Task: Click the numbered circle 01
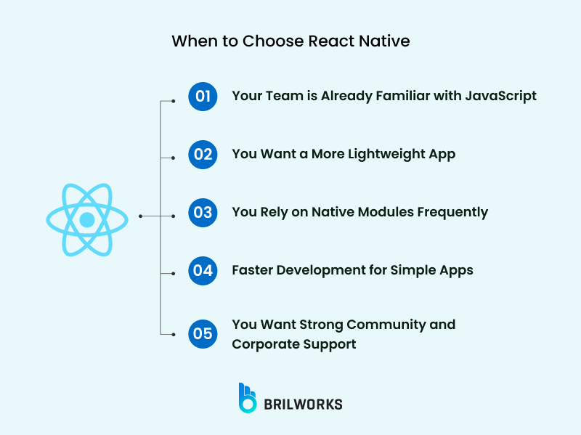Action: pyautogui.click(x=203, y=96)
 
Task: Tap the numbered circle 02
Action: pyautogui.click(x=203, y=154)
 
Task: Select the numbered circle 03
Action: pyautogui.click(x=203, y=212)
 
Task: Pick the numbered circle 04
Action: pyautogui.click(x=203, y=271)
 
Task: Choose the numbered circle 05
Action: pyautogui.click(x=203, y=333)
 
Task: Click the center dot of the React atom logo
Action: pyautogui.click(x=87, y=219)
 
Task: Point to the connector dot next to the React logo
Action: pyautogui.click(x=139, y=216)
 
